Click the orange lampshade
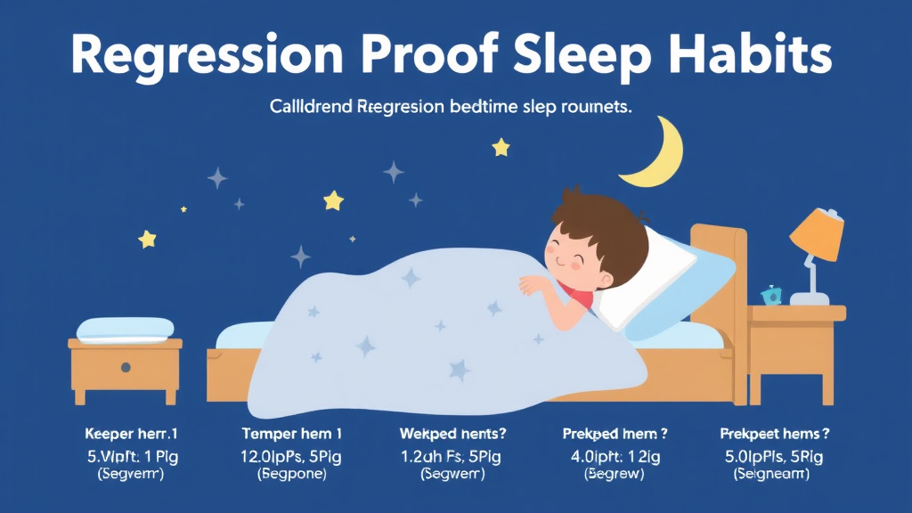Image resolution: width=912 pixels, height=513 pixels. (x=818, y=235)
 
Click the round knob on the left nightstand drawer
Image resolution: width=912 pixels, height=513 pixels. (x=126, y=367)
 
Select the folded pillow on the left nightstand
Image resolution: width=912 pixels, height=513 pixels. (x=125, y=329)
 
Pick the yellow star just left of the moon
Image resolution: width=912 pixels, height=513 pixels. (x=501, y=146)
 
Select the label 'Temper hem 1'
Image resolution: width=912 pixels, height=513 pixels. (x=292, y=434)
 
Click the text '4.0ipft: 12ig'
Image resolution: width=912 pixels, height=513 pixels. (x=615, y=455)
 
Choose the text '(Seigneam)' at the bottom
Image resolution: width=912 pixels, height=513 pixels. (x=773, y=475)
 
